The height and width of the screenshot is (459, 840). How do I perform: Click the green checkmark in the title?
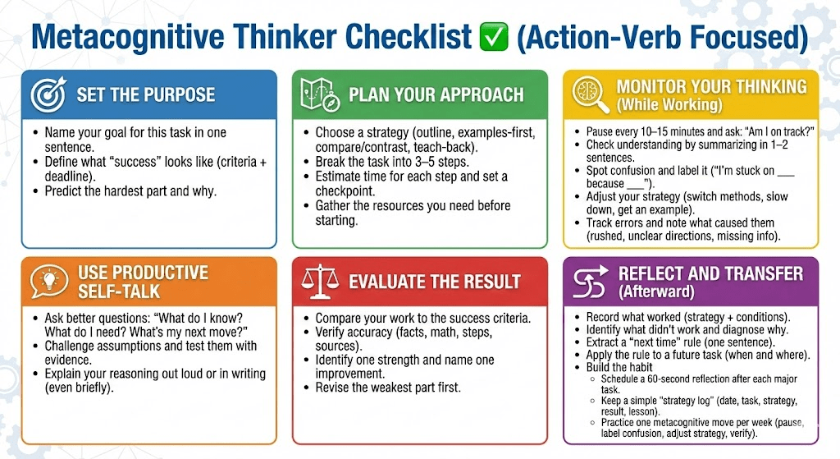click(x=493, y=37)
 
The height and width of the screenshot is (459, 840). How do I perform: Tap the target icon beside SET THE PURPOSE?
click(x=48, y=94)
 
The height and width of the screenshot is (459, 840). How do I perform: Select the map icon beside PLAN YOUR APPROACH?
click(x=320, y=95)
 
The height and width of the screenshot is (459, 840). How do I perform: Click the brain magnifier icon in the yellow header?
click(x=591, y=94)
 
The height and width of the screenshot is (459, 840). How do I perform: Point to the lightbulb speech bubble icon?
click(x=49, y=281)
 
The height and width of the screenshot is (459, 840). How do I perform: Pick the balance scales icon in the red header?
click(x=320, y=281)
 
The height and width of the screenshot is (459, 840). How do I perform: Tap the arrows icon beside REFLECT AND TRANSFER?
click(x=591, y=282)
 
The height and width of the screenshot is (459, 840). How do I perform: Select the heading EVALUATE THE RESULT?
click(x=435, y=282)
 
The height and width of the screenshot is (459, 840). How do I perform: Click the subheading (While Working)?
click(x=669, y=104)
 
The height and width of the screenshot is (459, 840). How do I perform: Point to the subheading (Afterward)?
click(x=656, y=291)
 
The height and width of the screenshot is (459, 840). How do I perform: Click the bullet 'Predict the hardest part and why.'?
click(x=130, y=191)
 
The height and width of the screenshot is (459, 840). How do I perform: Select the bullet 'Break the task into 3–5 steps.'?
click(x=391, y=162)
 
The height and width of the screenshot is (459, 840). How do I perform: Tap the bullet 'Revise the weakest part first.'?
click(x=388, y=387)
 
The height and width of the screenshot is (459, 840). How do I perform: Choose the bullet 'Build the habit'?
click(x=619, y=367)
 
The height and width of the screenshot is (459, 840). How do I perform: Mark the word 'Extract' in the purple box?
click(x=602, y=342)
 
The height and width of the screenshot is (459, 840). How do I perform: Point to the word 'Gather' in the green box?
click(x=333, y=206)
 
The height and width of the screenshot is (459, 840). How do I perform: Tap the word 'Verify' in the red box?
click(x=330, y=333)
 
